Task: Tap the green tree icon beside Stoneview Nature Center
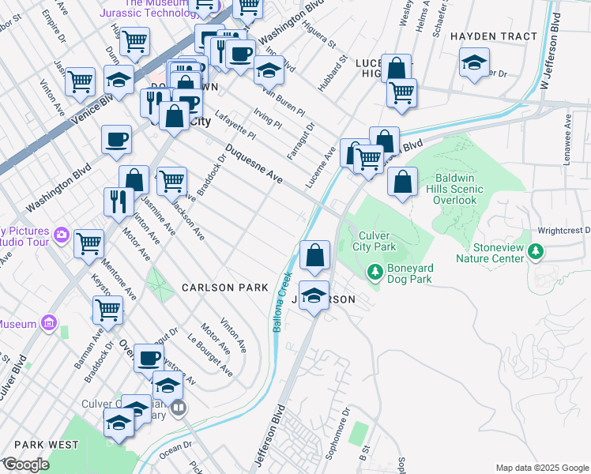click(x=536, y=252)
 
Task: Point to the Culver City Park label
click(x=377, y=242)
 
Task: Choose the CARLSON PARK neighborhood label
click(x=224, y=288)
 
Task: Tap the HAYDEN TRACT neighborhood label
click(x=493, y=36)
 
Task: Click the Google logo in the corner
click(x=25, y=465)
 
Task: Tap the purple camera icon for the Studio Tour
click(x=61, y=235)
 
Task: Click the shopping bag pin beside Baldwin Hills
click(x=403, y=182)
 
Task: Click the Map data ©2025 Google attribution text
click(x=541, y=468)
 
